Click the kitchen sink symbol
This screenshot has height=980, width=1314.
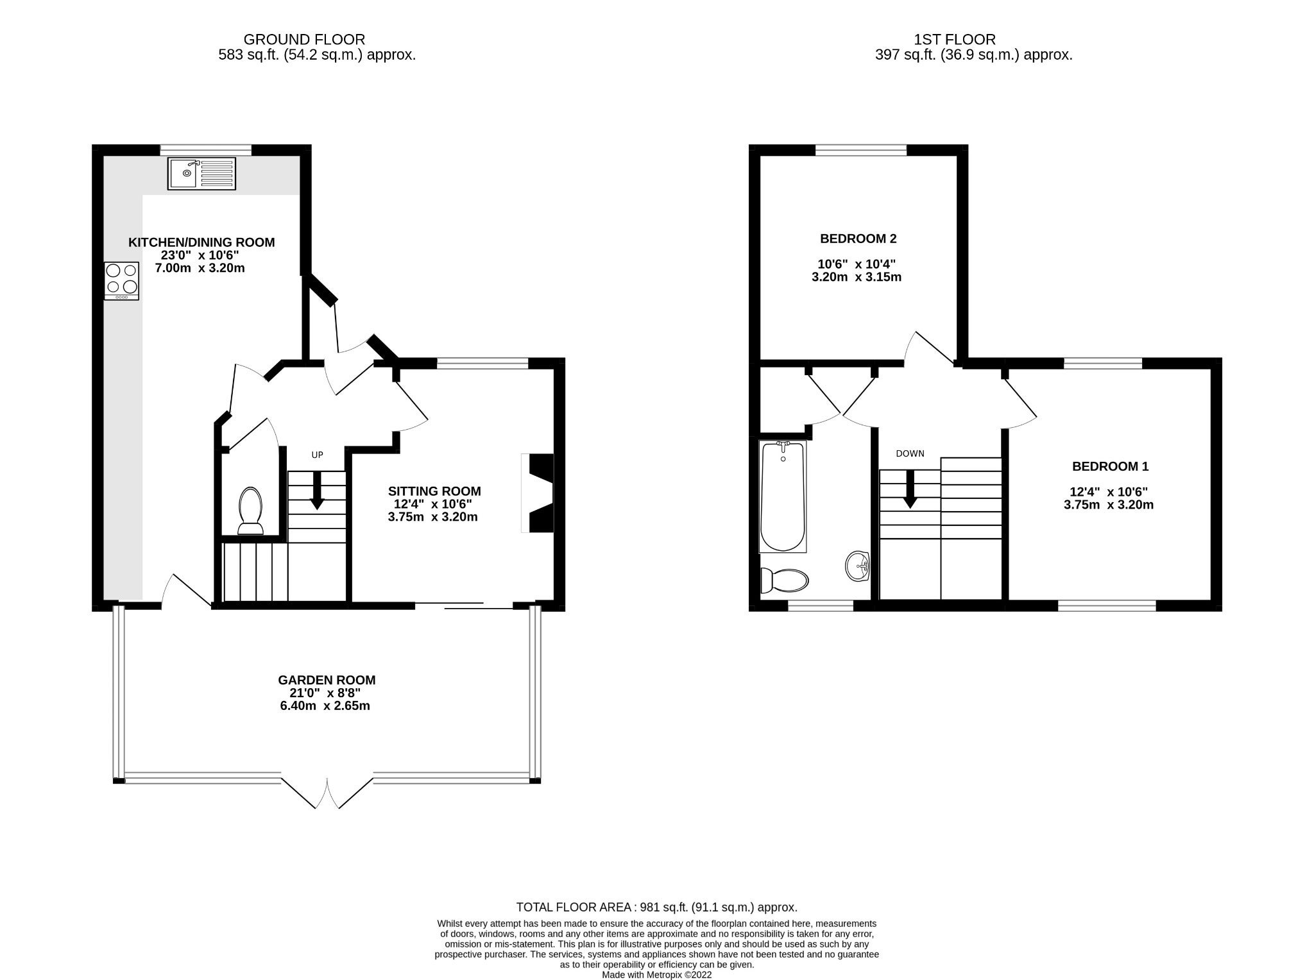[x=201, y=173]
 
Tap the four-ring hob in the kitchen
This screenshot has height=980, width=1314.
[x=121, y=281]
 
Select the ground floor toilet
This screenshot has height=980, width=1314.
[x=250, y=511]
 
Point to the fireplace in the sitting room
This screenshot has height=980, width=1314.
[x=538, y=493]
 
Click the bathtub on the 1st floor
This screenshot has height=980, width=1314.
[x=782, y=496]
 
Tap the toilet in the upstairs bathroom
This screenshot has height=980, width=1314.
[x=784, y=580]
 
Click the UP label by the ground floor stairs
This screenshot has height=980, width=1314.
[x=317, y=455]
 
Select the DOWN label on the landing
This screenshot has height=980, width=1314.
[x=910, y=453]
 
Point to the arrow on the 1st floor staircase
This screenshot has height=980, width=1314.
[x=910, y=489]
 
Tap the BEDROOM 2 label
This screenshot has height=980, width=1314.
[x=858, y=239]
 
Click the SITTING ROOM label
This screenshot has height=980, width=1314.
[x=434, y=491]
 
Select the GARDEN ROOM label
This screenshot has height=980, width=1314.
[x=327, y=680]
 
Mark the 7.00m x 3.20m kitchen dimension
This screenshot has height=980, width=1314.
[x=200, y=268]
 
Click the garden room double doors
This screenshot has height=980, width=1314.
[x=327, y=793]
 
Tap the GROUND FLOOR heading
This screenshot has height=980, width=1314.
[x=304, y=40]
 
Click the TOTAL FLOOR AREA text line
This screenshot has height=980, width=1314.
[x=657, y=908]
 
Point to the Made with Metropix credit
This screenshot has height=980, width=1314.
[x=657, y=975]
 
